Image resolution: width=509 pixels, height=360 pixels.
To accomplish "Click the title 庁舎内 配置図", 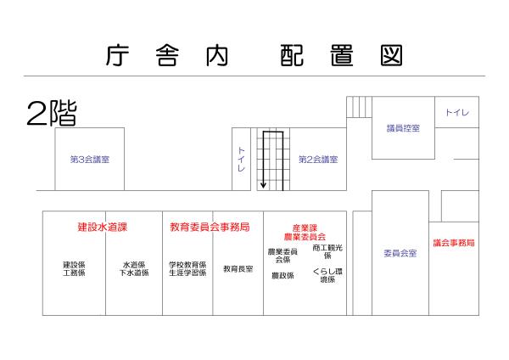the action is [x=255, y=55].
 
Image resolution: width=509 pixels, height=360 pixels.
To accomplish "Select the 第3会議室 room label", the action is [x=89, y=159].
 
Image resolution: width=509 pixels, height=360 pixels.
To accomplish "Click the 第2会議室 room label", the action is [x=318, y=159].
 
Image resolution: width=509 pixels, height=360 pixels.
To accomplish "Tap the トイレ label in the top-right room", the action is [x=457, y=113].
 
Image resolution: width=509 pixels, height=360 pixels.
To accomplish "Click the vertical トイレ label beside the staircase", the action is [x=241, y=159].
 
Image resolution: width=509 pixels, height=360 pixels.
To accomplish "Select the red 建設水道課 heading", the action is [x=102, y=228].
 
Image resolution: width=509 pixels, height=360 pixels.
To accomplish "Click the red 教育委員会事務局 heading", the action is [x=209, y=228].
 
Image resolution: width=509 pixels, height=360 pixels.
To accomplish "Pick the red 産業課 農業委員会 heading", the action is [x=304, y=232].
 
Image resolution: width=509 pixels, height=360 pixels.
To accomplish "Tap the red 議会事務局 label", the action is [x=454, y=243].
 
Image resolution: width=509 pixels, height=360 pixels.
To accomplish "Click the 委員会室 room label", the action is [x=400, y=253].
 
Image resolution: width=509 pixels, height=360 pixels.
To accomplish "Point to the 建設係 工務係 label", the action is [x=74, y=268].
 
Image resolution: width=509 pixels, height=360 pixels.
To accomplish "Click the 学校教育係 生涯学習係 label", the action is [x=187, y=268].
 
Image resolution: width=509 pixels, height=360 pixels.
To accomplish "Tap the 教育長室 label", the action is [x=238, y=269].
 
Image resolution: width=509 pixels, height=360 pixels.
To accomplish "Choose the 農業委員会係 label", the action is [x=282, y=256].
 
